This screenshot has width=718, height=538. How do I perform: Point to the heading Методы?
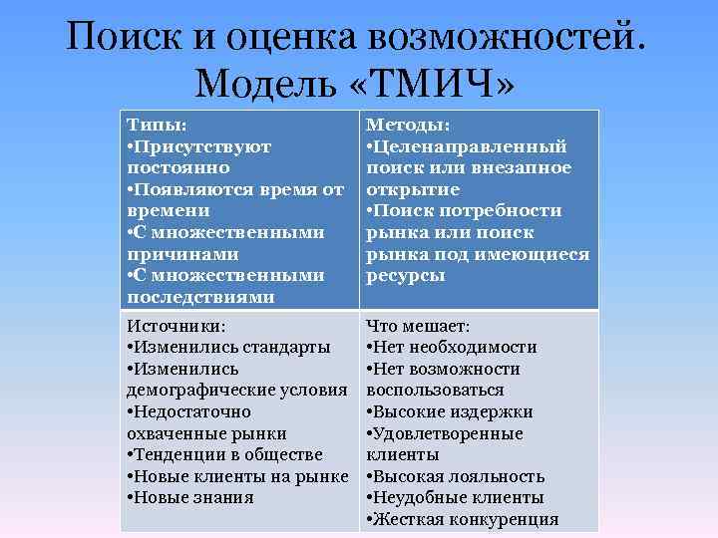407,125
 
